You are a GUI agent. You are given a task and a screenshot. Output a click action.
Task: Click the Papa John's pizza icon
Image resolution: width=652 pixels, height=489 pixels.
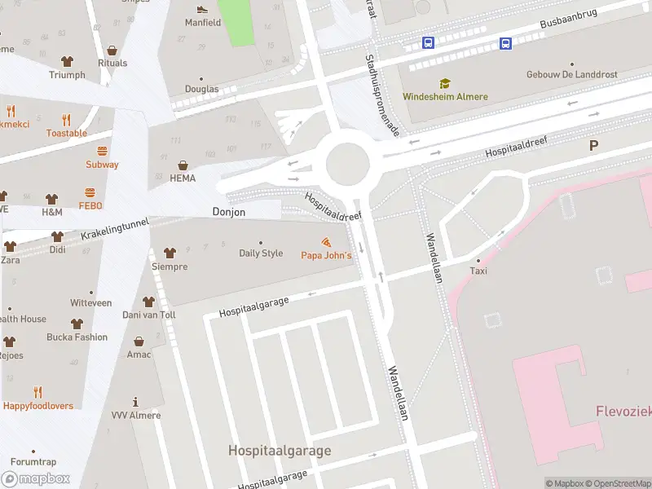pos(326,243)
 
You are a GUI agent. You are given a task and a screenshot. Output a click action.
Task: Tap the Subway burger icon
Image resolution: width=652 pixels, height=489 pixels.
pos(102,151)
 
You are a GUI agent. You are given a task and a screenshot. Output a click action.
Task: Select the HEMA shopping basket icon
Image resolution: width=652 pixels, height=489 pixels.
pos(183,164)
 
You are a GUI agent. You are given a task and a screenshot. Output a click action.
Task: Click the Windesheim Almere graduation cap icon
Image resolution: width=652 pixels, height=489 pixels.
pos(445,83)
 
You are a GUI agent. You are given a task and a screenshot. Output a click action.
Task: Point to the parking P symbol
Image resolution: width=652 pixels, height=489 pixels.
pos(593,146)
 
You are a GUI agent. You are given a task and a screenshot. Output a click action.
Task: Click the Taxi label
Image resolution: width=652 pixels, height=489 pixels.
pos(478,271)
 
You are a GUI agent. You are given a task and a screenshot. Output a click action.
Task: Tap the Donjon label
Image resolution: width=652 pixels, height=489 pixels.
pos(228,212)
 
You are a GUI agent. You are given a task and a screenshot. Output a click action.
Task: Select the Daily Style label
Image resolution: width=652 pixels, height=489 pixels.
pos(261,253)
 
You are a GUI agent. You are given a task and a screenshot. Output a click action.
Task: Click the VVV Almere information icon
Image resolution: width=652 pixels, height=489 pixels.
pos(135,402)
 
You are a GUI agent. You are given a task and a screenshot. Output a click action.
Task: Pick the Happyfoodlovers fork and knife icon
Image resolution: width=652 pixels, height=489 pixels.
pos(37,392)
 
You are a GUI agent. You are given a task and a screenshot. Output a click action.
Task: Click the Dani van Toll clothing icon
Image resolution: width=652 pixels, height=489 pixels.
pos(148,302)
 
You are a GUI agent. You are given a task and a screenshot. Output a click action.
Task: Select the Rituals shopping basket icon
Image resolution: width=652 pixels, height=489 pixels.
pos(112,50)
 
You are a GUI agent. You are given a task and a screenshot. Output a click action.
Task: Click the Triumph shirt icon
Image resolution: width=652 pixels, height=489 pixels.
pos(67,61)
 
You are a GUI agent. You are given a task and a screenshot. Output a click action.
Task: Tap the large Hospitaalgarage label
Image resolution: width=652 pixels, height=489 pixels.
pos(280,450)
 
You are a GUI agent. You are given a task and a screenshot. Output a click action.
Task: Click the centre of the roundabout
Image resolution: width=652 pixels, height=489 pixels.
pos(348,164)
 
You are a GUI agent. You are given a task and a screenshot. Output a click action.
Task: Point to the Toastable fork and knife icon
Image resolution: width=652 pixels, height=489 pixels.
pos(66,120)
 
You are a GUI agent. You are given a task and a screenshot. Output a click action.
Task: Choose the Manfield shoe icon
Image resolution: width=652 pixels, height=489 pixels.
pos(202,10)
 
